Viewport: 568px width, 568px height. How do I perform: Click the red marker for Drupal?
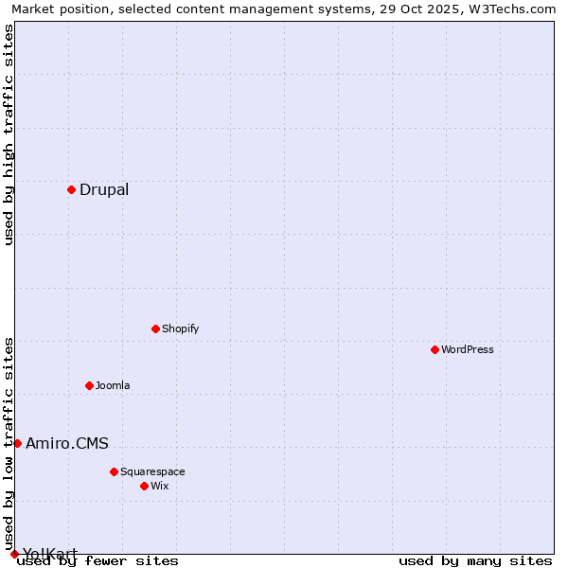(x=71, y=190)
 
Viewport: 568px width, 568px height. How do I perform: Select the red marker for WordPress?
(x=435, y=349)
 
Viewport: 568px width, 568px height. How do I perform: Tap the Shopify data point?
(x=155, y=328)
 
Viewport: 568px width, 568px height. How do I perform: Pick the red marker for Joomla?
(x=89, y=385)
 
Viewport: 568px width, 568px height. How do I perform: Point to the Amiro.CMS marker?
(x=17, y=443)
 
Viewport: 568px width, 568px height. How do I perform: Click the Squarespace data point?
(x=114, y=471)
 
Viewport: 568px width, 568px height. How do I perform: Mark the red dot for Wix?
(x=144, y=486)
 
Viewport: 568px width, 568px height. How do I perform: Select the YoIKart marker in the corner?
(x=14, y=554)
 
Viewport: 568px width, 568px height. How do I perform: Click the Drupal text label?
(x=104, y=190)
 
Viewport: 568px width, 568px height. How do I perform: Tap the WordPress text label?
(x=468, y=349)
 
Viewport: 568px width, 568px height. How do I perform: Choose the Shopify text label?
(x=180, y=328)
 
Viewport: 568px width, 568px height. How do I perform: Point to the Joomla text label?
(x=113, y=385)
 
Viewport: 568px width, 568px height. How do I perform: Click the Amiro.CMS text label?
(x=67, y=443)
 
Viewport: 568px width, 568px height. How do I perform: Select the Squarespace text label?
(x=152, y=471)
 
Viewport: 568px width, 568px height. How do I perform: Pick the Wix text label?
(x=160, y=486)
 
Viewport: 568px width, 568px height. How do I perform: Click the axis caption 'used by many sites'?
(x=475, y=561)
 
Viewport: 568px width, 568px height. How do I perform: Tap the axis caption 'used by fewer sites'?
(x=98, y=561)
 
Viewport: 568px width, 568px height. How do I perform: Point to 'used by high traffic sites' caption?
(x=9, y=134)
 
